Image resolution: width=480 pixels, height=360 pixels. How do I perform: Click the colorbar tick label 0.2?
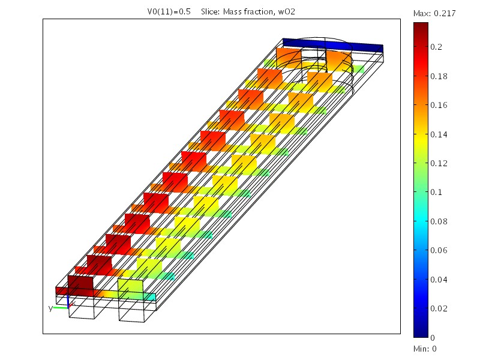click(436, 47)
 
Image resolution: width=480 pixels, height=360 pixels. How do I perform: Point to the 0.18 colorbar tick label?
click(439, 76)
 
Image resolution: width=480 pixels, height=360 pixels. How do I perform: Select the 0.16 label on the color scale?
click(439, 106)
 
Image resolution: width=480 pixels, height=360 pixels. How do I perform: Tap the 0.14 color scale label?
click(439, 134)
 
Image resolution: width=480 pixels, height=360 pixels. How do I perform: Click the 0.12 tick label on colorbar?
click(439, 163)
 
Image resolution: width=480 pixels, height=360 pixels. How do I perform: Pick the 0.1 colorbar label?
click(436, 192)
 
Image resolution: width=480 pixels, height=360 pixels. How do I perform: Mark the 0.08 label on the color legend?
click(439, 221)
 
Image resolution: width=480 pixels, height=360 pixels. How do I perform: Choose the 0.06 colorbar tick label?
click(439, 250)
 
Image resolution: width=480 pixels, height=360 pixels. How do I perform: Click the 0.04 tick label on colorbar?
click(439, 280)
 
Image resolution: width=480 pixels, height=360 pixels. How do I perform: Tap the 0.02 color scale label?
click(439, 308)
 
